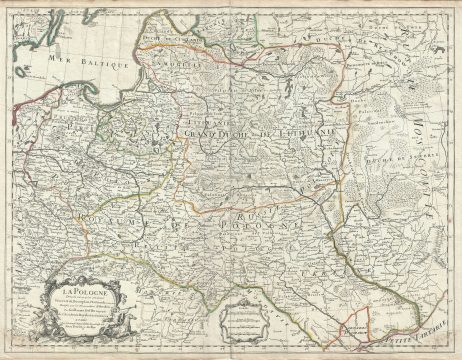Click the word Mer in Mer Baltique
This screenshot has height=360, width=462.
63,67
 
